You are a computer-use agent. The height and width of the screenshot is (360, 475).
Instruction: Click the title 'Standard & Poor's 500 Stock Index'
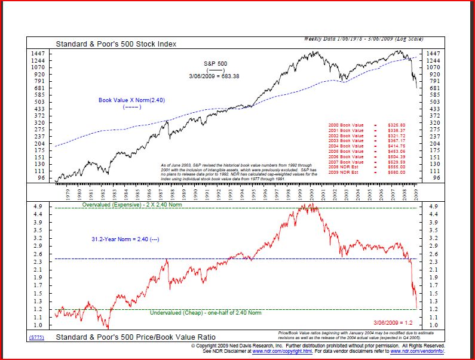tap(116, 44)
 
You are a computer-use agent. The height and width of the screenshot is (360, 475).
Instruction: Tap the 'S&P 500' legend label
tap(215, 63)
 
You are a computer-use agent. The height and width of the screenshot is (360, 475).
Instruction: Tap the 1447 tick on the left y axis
tap(38, 54)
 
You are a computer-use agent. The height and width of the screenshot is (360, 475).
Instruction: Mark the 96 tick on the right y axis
tap(436, 178)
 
